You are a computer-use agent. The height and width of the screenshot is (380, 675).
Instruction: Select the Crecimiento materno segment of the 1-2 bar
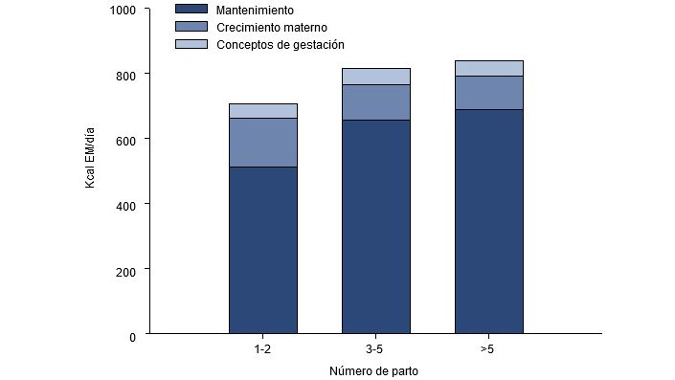(262, 143)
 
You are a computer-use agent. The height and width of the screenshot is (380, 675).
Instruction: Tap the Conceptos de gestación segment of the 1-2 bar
(262, 111)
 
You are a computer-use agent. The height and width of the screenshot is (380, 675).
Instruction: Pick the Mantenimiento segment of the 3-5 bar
(375, 226)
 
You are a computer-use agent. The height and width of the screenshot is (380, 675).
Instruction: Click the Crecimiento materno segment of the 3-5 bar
(375, 102)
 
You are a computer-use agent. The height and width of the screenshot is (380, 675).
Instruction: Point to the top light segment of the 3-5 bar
(375, 77)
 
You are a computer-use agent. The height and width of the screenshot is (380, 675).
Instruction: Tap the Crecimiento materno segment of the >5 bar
(488, 93)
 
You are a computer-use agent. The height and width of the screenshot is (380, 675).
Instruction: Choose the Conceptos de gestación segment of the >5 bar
(488, 68)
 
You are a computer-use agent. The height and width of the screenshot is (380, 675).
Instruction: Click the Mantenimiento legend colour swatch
(190, 9)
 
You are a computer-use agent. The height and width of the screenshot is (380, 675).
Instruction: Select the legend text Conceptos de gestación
(280, 45)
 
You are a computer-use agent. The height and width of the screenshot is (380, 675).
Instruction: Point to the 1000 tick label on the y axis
(124, 10)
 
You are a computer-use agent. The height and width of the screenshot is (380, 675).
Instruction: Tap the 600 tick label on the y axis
(128, 140)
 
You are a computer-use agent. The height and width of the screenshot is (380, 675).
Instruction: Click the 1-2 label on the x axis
(262, 350)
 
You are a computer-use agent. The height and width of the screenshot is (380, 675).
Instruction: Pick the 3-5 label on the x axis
(375, 350)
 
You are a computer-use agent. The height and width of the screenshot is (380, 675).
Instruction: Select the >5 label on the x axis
(487, 350)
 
